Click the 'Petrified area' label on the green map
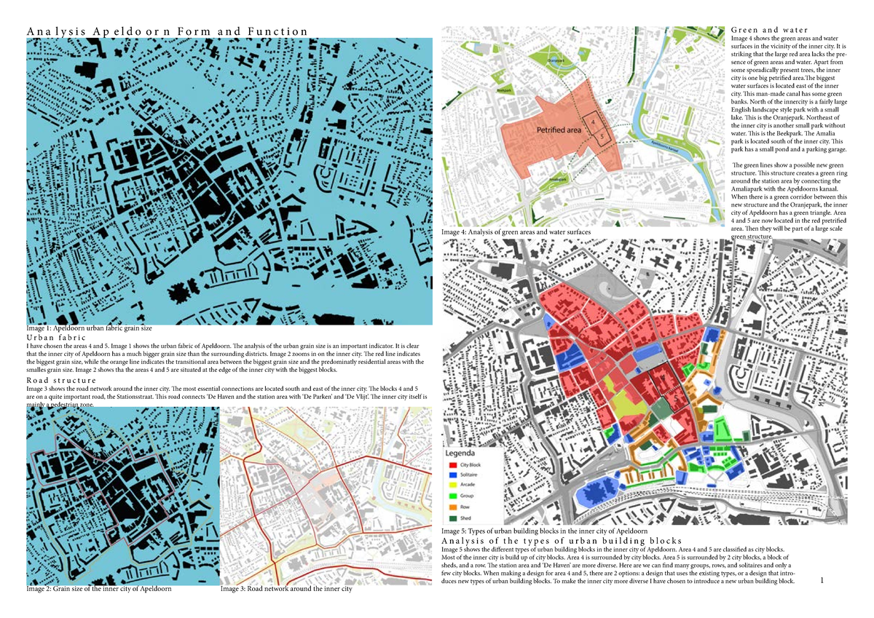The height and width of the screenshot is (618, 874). pos(559,130)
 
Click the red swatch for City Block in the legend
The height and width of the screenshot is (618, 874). pos(453,465)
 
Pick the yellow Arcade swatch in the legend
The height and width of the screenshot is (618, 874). pos(453,485)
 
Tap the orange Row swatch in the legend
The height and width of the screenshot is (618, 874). pos(453,507)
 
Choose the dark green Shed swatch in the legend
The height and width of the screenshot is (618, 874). pos(453,518)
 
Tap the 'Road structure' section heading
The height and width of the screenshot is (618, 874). pos(61,381)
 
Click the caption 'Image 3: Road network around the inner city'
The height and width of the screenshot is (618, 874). pos(286,589)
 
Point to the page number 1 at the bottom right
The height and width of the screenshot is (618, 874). pos(822,580)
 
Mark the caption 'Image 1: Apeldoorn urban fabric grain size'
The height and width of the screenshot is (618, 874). pos(89,329)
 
